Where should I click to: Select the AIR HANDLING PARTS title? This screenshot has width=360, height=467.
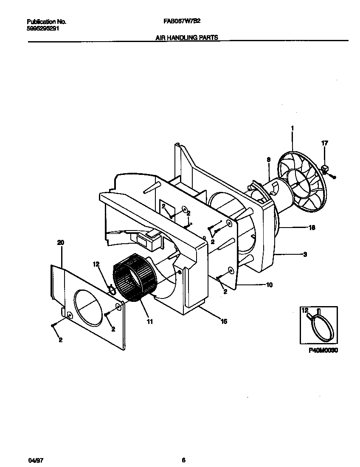pos(187,37)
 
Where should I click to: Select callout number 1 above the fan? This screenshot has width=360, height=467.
pos(292,128)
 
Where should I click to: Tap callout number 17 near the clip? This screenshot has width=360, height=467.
pos(325,143)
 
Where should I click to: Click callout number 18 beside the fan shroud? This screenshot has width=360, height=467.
pos(312,228)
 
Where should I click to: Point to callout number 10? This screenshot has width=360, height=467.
pos(269,284)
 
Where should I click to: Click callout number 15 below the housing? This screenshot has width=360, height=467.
pos(224,321)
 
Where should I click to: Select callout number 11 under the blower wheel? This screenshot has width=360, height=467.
pos(149,322)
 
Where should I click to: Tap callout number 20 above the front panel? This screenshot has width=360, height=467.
pos(60,242)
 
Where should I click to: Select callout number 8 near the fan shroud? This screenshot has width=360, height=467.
pos(268,160)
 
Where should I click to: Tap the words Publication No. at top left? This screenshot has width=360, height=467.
pos(46,22)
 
